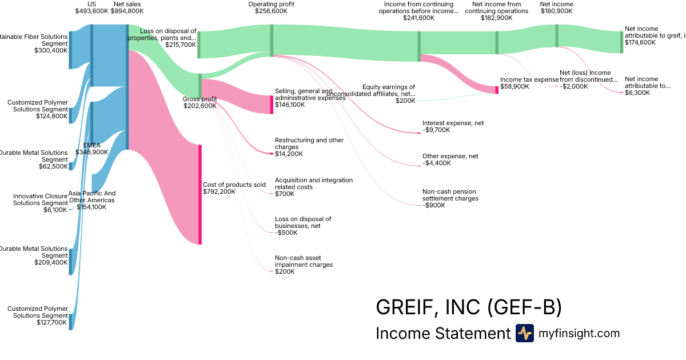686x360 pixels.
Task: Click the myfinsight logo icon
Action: [x=524, y=333]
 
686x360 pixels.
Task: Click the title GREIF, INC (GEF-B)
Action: [x=469, y=307]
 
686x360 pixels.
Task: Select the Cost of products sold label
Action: [x=234, y=185]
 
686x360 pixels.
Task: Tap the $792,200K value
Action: [x=219, y=192]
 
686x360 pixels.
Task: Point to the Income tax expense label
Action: [x=529, y=79]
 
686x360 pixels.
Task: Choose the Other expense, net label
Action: [x=450, y=156]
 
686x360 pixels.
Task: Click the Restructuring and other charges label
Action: [x=309, y=143]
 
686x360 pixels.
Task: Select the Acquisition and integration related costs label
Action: [x=314, y=183]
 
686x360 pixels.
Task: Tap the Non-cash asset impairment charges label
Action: [x=304, y=261]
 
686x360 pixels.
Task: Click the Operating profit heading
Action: [x=272, y=4]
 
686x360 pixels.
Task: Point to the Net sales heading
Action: [x=127, y=4]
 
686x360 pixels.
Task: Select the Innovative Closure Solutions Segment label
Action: [x=41, y=199]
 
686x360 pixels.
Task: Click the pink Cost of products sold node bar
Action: [x=200, y=194]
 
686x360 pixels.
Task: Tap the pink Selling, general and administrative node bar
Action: [x=272, y=105]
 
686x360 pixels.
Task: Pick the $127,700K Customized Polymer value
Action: [x=51, y=323]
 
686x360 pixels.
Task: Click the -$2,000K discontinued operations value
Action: [x=574, y=86]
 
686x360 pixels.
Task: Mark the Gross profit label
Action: [x=200, y=99]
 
